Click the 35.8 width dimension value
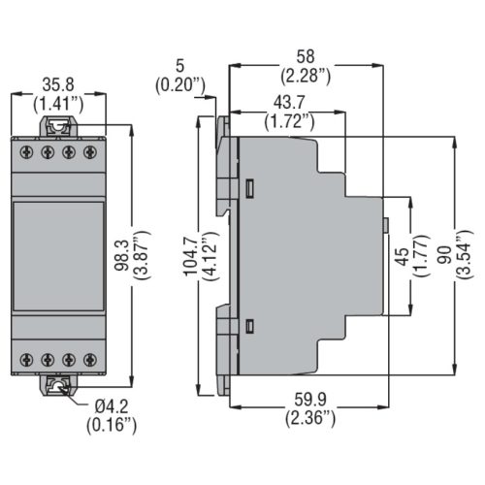58,84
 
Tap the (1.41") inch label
58,104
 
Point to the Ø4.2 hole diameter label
112,406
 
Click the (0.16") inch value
112,425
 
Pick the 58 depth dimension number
306,56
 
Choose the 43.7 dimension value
289,103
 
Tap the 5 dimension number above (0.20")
179,66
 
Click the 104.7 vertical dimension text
190,256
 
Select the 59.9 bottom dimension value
310,400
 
